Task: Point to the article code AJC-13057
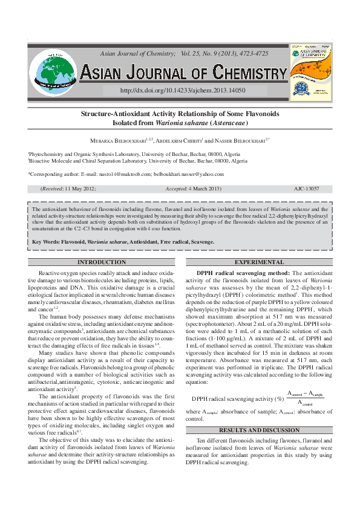(x=306, y=189)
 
